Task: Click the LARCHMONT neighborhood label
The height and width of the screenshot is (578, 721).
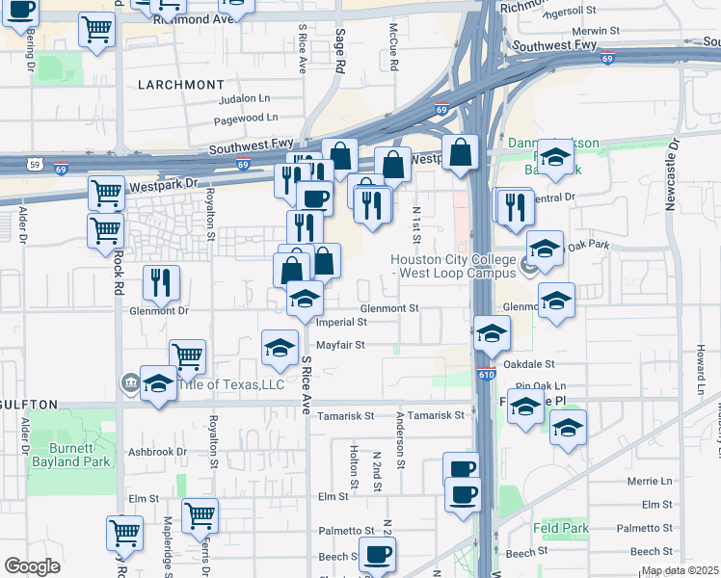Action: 180,85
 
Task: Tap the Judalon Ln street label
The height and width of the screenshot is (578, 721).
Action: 245,98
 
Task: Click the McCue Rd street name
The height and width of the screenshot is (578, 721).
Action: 394,48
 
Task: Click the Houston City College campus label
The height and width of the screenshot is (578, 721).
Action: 455,265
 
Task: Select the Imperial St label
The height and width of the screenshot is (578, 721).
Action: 342,322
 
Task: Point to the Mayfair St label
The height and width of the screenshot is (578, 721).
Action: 340,344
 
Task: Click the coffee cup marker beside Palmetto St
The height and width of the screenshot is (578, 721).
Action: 377,555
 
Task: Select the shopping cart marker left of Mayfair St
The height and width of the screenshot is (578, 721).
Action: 187,356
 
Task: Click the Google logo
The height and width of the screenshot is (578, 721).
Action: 32,566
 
